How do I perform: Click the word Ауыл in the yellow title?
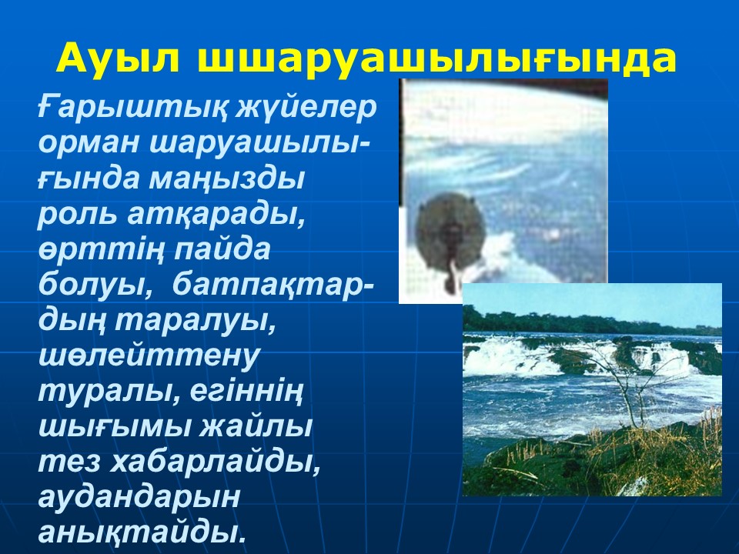(x=119, y=58)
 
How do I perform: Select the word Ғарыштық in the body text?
(x=131, y=109)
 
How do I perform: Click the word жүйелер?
(x=306, y=109)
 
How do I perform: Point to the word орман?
(x=89, y=143)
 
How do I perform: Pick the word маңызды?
(x=227, y=180)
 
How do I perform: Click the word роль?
(x=76, y=215)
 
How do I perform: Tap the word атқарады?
(x=216, y=215)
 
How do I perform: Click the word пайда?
(x=222, y=249)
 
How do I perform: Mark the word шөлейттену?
(x=149, y=356)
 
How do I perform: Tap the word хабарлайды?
(x=215, y=462)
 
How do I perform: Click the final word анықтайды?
(x=142, y=532)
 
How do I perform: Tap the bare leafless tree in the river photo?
(x=622, y=382)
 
